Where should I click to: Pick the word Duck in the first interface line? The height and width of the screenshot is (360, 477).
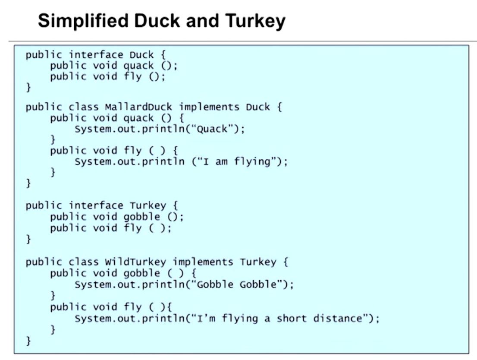click(141, 55)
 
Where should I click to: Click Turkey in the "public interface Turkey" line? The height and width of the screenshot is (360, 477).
click(148, 205)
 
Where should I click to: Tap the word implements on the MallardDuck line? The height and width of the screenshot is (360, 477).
click(209, 107)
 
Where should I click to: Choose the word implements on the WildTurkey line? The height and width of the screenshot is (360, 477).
click(203, 262)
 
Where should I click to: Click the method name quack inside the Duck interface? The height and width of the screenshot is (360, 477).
click(138, 66)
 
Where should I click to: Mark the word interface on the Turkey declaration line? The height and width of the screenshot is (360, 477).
click(96, 205)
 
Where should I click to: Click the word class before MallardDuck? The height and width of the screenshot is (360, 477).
click(84, 107)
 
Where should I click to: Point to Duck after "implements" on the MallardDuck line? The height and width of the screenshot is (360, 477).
click(258, 107)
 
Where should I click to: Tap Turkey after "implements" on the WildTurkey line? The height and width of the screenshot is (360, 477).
click(258, 262)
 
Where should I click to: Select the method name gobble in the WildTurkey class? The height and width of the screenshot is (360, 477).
click(141, 273)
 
